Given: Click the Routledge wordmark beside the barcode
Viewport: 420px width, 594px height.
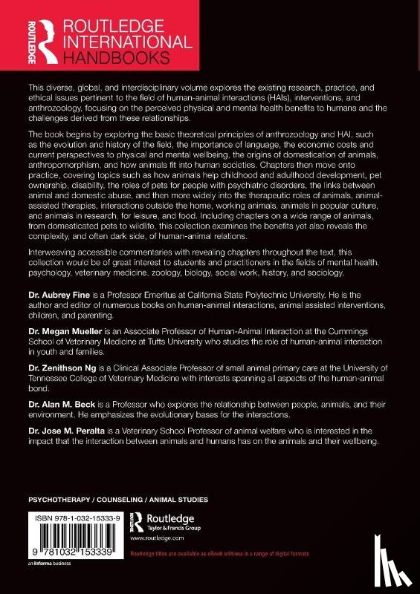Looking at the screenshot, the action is pos(178,517).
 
